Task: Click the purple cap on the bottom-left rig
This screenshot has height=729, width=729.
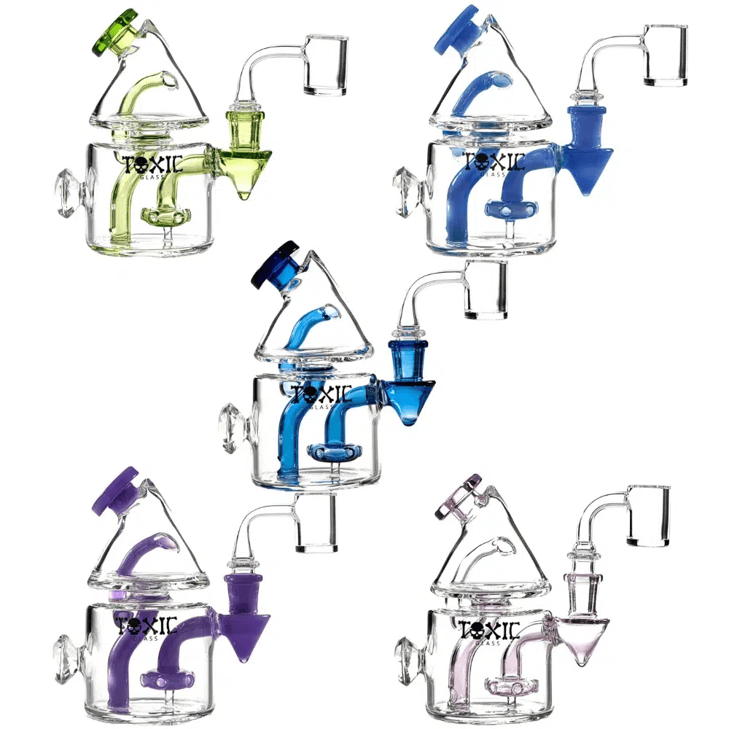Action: coord(117,490)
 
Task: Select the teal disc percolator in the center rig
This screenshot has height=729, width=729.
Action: coord(332,453)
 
